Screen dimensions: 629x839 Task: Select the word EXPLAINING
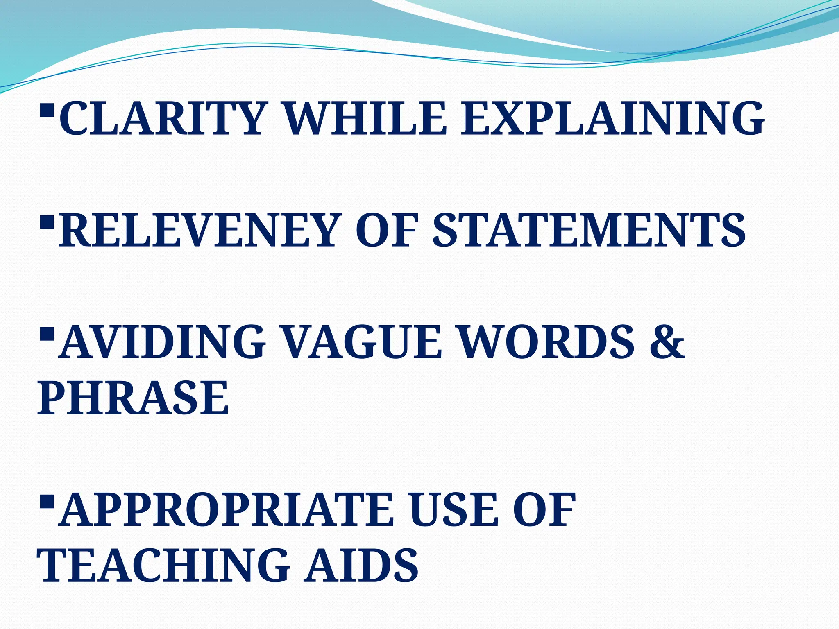coord(612,119)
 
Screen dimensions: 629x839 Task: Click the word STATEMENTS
coord(589,231)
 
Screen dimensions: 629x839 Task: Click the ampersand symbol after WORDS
coord(667,342)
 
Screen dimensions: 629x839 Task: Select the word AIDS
coord(361,566)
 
